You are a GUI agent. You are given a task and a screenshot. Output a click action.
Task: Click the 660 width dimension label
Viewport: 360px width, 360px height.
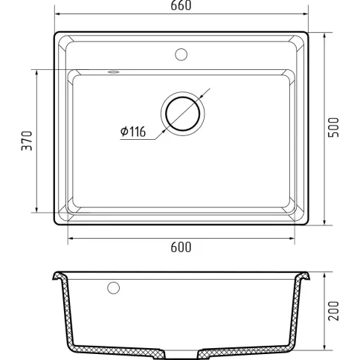[181, 5]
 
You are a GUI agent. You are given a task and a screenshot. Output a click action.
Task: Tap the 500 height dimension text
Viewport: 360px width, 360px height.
[333, 127]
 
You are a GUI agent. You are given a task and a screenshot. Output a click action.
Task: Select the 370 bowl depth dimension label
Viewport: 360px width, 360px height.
[27, 141]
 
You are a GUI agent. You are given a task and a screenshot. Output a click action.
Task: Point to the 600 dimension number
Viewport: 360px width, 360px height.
[181, 247]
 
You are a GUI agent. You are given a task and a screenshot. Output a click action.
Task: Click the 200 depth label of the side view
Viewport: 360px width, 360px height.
[333, 311]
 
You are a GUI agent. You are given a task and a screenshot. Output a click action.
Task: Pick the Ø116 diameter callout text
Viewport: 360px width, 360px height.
[133, 132]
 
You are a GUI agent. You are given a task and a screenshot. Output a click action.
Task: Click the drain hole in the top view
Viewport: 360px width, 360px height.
[183, 114]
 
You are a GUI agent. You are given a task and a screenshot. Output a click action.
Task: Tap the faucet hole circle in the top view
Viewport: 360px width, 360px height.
[181, 54]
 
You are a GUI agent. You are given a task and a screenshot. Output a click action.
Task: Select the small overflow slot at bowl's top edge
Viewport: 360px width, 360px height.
[113, 72]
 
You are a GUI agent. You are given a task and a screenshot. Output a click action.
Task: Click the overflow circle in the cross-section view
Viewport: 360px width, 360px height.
[114, 288]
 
